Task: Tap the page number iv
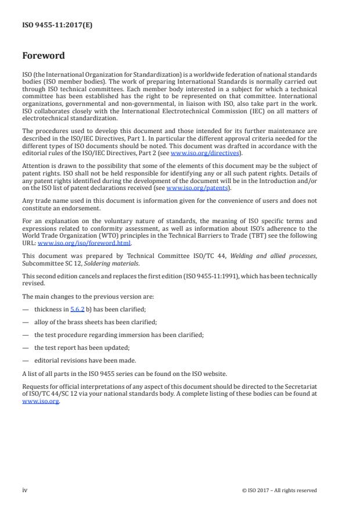click(x=25, y=490)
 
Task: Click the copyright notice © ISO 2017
click(x=279, y=490)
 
